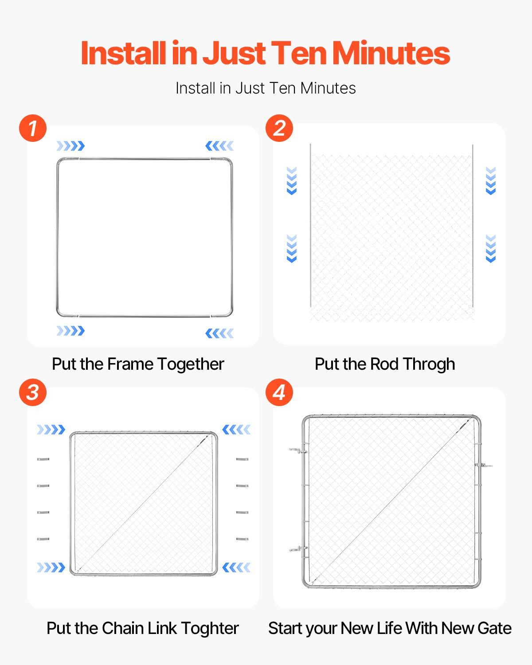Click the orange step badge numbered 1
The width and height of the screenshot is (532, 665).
point(33,128)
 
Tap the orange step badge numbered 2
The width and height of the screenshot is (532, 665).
point(279,128)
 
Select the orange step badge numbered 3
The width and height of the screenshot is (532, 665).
point(33,392)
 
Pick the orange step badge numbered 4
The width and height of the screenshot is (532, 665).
point(279,392)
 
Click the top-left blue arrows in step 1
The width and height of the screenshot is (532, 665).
point(70,146)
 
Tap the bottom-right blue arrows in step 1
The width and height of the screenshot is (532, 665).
point(219,333)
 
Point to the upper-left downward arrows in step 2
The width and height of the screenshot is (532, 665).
point(292,181)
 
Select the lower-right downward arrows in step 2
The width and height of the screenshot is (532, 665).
point(491,249)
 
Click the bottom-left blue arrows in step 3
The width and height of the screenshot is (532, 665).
point(51,567)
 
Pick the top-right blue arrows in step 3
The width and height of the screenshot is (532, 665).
point(236,430)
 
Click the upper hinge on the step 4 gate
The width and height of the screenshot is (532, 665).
point(298,451)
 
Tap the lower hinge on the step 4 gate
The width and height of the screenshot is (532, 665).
point(298,549)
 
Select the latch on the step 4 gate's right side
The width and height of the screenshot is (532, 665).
point(484,465)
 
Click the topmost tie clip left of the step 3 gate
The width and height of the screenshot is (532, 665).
point(43,459)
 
